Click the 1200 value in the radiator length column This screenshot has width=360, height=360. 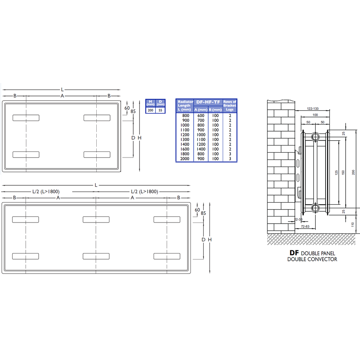(x=185, y=135)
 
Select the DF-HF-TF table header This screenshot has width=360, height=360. (x=208, y=102)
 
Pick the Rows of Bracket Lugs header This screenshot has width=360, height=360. (x=230, y=105)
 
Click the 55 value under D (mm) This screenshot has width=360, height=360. (x=161, y=110)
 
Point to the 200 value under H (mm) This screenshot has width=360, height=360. (x=150, y=110)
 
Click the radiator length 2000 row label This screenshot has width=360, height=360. (x=185, y=159)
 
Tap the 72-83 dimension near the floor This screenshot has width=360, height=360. (x=305, y=227)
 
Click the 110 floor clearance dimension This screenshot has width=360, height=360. (x=353, y=224)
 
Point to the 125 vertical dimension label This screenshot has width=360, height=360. (x=336, y=173)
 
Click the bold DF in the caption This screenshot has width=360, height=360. (x=294, y=253)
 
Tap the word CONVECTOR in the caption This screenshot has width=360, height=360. (x=322, y=259)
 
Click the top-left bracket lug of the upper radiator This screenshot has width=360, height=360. (x=26, y=117)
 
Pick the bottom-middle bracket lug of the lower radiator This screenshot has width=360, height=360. (x=96, y=256)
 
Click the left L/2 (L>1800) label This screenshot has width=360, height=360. (x=46, y=192)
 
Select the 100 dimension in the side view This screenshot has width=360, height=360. (x=315, y=115)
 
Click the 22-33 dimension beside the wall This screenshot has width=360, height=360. (x=298, y=219)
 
